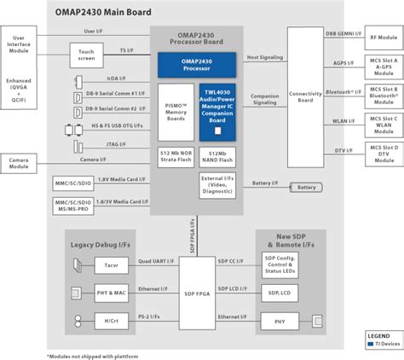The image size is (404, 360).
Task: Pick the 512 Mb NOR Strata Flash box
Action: click(x=175, y=158)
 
